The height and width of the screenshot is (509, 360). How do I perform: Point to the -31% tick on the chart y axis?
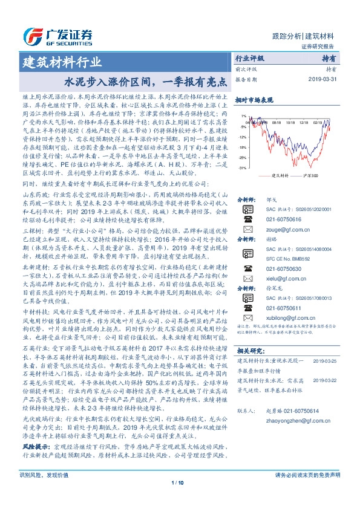[242, 167]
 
